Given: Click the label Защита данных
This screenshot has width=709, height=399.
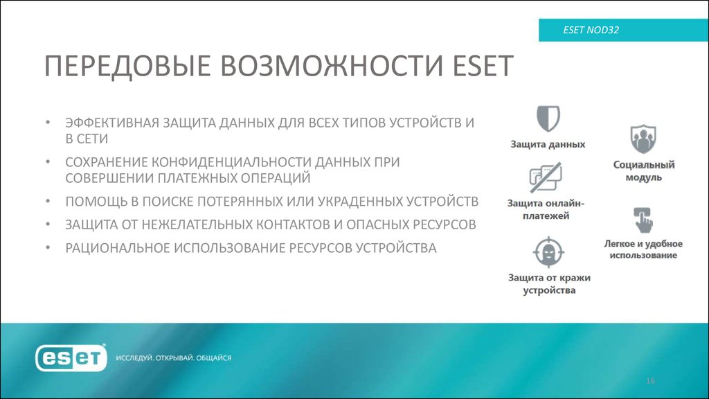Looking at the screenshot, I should [548, 145].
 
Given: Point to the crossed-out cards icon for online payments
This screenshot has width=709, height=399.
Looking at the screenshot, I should [545, 177].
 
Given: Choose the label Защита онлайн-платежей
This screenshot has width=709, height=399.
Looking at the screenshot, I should [546, 210].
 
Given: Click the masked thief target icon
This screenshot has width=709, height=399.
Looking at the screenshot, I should [548, 252].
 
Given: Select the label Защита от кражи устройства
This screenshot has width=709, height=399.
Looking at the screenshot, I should [548, 284].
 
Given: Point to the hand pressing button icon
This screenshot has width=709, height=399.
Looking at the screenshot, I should [643, 220].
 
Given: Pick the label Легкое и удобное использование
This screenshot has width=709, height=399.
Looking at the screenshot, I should [643, 249].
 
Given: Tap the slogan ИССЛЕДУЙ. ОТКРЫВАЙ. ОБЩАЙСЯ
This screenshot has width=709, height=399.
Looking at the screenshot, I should [173, 358].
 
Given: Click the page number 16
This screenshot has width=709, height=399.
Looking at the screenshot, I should [650, 382].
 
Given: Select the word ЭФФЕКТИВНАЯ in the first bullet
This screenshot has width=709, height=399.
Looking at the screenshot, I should [112, 123].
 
